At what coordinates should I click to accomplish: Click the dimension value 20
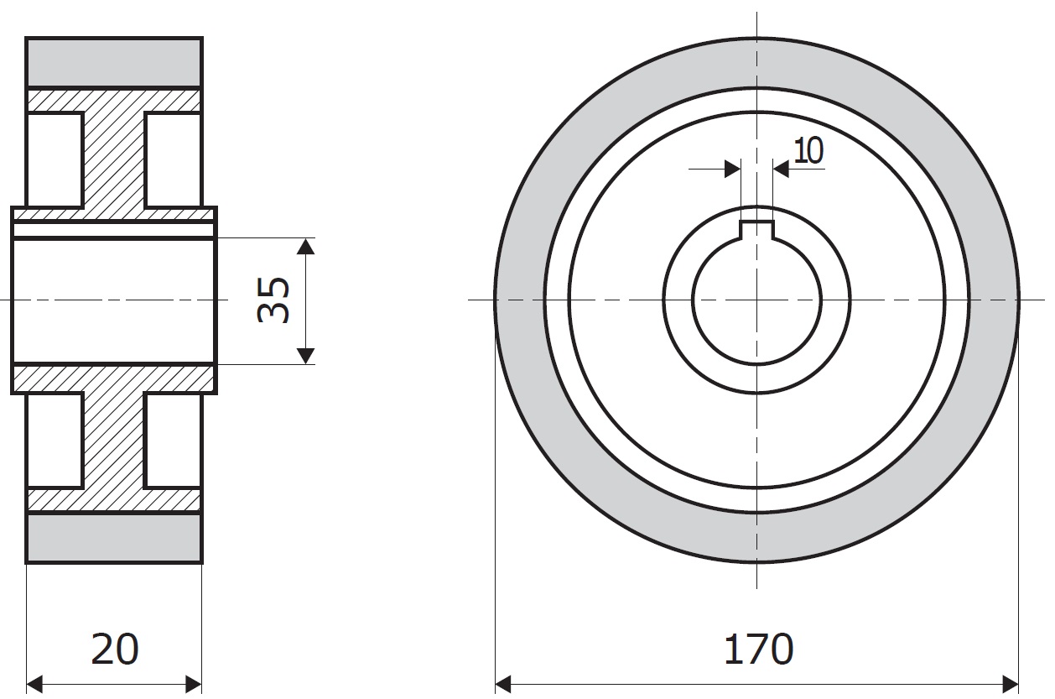(x=114, y=649)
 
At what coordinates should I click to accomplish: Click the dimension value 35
(x=273, y=300)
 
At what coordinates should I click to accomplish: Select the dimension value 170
(x=758, y=649)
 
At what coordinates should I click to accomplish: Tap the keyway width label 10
(x=808, y=151)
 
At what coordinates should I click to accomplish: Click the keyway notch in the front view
(x=757, y=230)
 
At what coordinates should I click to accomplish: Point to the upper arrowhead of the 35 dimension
(x=306, y=247)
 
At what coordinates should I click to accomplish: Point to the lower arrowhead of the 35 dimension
(x=306, y=356)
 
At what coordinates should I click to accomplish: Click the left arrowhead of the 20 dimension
(x=34, y=684)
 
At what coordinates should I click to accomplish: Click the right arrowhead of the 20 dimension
(x=194, y=684)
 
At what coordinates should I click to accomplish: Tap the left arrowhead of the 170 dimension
(x=503, y=684)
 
